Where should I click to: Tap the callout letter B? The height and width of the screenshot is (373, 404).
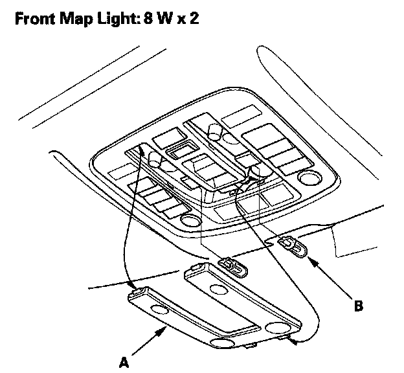click(x=358, y=305)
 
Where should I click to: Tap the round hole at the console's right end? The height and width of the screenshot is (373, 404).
click(x=309, y=178)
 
